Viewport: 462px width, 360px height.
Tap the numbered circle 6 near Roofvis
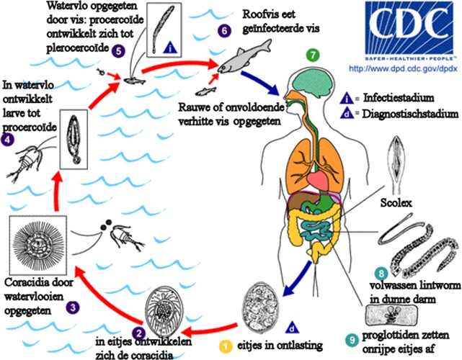225,31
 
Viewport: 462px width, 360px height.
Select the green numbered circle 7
311,54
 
